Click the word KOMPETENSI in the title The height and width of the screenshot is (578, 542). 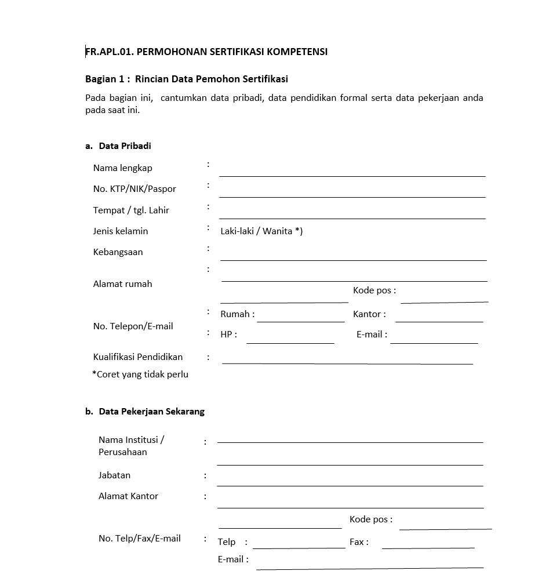tap(299, 52)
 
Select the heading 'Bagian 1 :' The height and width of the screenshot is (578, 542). tap(107, 79)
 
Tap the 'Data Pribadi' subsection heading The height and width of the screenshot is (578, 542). tap(125, 146)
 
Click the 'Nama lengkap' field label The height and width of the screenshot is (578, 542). tap(122, 168)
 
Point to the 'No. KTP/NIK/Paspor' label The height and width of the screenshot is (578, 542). tap(134, 189)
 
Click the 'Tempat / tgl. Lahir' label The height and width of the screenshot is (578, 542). tap(131, 210)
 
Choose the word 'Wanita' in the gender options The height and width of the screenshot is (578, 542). tap(277, 231)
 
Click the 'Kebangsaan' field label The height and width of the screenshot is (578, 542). tap(118, 252)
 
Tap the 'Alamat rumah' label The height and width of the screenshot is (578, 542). tap(122, 284)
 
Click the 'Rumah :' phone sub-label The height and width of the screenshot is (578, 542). tap(237, 314)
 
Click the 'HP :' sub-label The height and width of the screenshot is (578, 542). tap(228, 335)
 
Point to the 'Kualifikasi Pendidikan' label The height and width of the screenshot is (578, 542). tap(138, 357)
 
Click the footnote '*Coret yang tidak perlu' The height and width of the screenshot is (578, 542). tap(140, 375)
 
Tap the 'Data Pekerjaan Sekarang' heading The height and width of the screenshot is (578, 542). tap(151, 412)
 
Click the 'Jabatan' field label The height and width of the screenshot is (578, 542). tap(114, 475)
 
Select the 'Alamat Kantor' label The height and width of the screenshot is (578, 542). tap(128, 496)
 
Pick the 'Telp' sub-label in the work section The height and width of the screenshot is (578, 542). tap(227, 542)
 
